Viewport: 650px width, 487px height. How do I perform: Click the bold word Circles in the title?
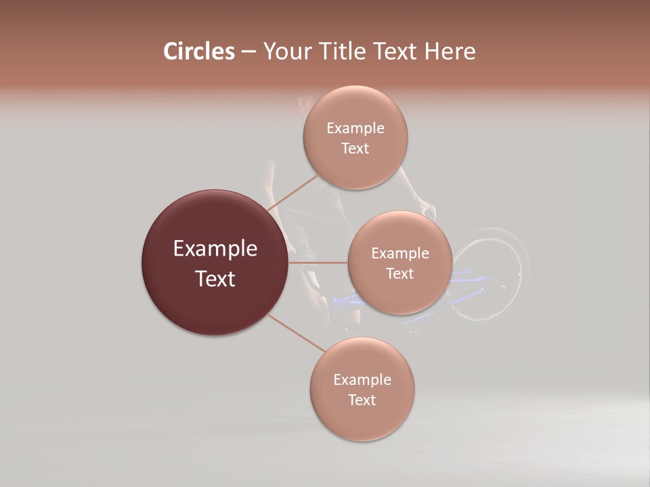pos(198,51)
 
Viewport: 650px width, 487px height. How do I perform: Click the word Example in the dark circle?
pos(215,249)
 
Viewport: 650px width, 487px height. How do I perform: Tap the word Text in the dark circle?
pos(215,279)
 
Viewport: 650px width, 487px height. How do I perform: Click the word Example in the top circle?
pos(355,129)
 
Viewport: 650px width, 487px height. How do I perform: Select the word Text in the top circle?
pos(355,149)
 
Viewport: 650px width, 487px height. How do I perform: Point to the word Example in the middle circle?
pos(400,254)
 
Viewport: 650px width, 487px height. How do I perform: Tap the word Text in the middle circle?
pos(399,274)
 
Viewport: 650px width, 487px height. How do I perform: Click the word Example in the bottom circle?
pos(362,380)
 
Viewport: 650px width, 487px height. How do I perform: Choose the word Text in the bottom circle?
pos(362,400)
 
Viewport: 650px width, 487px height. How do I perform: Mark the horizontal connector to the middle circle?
pos(318,262)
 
